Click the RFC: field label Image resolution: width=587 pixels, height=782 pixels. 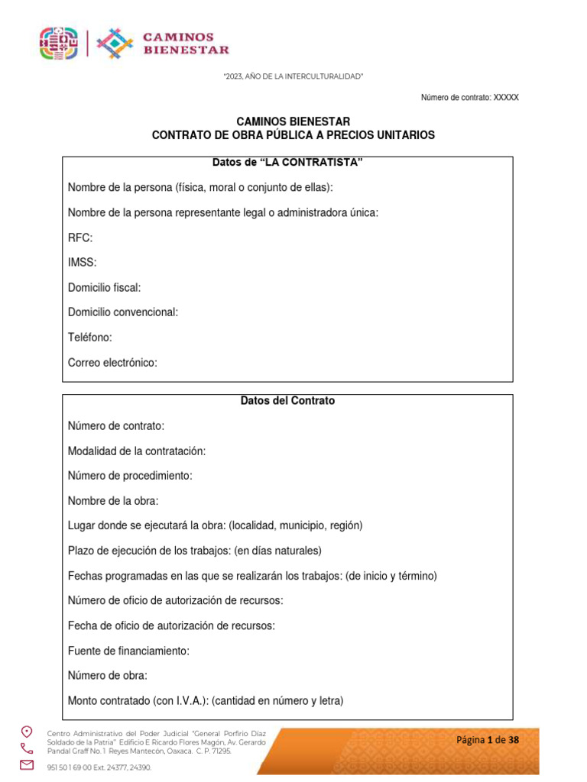[80, 238]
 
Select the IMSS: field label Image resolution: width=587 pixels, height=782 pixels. [83, 262]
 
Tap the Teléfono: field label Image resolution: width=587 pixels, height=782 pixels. [90, 337]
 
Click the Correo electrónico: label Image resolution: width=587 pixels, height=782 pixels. [112, 363]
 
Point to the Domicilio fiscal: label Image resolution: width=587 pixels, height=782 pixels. [104, 287]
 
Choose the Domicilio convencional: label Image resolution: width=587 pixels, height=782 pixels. [123, 312]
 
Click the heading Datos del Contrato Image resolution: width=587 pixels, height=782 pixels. [287, 400]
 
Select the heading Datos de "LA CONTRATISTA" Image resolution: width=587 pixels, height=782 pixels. [287, 163]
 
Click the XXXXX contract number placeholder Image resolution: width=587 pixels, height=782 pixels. [506, 98]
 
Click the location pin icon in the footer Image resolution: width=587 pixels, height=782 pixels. [27, 731]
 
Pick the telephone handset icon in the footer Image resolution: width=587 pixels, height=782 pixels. [27, 748]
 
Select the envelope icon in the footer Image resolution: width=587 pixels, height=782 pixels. [27, 764]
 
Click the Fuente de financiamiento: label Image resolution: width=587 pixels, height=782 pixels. [128, 651]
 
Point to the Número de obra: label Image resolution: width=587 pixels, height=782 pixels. [108, 675]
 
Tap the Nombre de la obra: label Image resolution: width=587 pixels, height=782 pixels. [113, 500]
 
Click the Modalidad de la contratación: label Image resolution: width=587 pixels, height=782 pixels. [137, 451]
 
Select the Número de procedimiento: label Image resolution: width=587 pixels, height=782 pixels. [130, 475]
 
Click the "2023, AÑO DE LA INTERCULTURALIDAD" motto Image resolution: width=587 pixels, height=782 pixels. [293, 76]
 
